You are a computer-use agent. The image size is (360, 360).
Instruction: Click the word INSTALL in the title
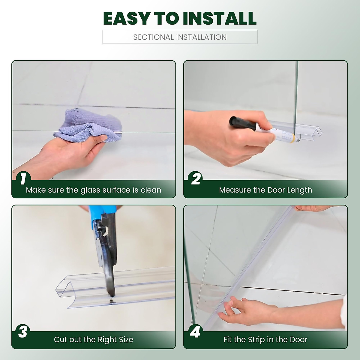[220, 18]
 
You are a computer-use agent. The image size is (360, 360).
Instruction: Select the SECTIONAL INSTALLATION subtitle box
[180, 37]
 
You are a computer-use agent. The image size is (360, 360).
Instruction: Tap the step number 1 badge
[23, 179]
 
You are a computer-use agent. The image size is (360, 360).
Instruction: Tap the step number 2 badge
[196, 179]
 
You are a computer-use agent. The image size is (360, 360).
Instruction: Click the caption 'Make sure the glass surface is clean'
[93, 190]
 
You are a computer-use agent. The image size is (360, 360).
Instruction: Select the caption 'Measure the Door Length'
[265, 190]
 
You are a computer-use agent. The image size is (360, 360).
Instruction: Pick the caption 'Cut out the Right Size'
[93, 340]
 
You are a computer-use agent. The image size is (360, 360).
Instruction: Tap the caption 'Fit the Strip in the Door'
[265, 340]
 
